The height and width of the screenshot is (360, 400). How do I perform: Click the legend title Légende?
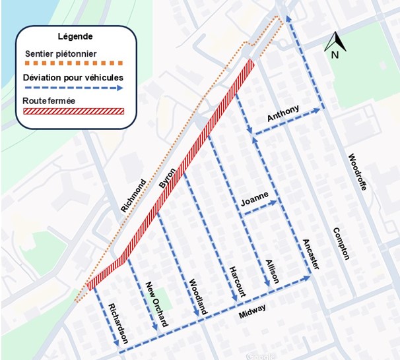(x=75, y=36)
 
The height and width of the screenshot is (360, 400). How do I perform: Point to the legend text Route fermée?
(x=48, y=101)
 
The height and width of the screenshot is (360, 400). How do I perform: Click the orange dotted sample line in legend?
(x=73, y=64)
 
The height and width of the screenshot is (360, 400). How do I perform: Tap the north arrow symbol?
(x=335, y=44)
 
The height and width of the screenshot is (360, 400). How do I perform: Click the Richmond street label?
(x=133, y=195)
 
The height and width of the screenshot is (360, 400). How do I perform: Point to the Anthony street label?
(x=283, y=113)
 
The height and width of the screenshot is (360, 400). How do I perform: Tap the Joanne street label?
(x=255, y=198)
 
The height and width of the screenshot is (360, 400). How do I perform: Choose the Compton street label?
(x=341, y=243)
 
